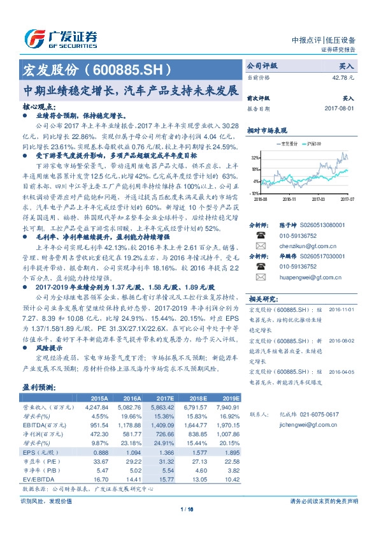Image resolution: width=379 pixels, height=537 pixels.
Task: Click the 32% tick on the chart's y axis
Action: tap(255, 157)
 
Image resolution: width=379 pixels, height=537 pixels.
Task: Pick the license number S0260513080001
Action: tap(317, 224)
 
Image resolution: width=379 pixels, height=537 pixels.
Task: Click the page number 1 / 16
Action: tap(189, 510)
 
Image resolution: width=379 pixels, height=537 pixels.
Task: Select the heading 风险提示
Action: tap(48, 348)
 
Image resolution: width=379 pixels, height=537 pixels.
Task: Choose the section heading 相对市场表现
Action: tap(265, 129)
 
